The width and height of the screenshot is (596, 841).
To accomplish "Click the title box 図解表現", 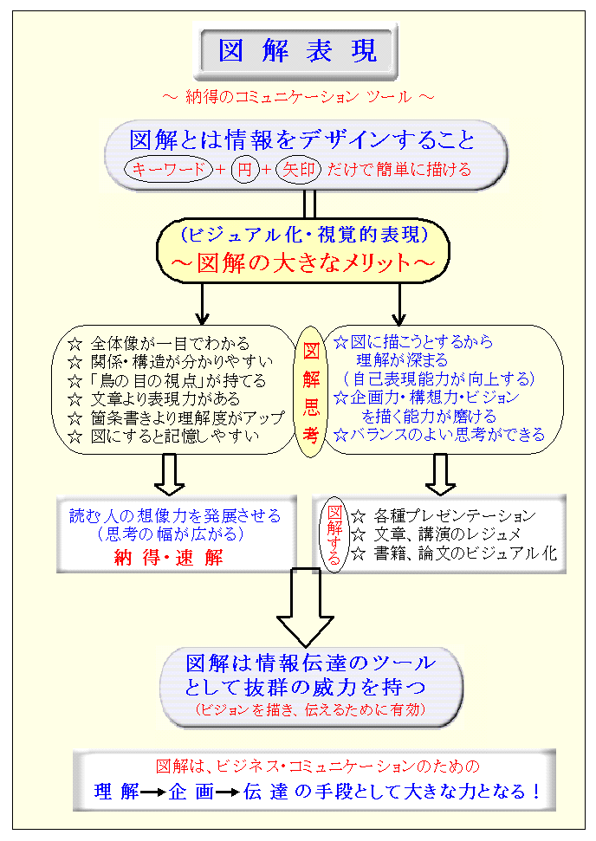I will [x=298, y=51].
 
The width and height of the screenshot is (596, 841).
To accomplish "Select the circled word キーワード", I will [x=168, y=169].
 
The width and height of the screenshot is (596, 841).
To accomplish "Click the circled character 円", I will [x=245, y=169].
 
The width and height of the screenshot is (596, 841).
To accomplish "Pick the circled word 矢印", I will [x=295, y=169].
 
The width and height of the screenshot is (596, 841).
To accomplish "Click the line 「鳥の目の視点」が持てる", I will [x=168, y=380].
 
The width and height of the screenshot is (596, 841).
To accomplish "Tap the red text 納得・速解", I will [x=168, y=557].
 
